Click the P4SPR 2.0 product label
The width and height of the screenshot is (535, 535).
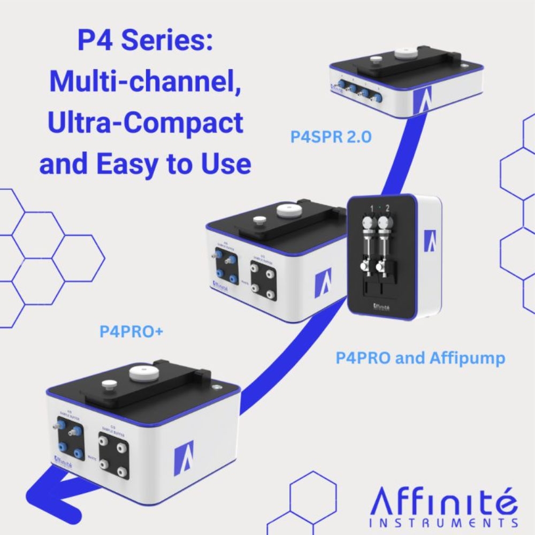tap(331, 137)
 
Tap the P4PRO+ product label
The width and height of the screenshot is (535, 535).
tap(131, 332)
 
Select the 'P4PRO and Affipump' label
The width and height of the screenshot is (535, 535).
tap(420, 358)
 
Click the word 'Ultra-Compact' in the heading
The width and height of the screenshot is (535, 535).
tap(146, 123)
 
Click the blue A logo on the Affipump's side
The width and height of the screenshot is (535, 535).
tap(430, 240)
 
